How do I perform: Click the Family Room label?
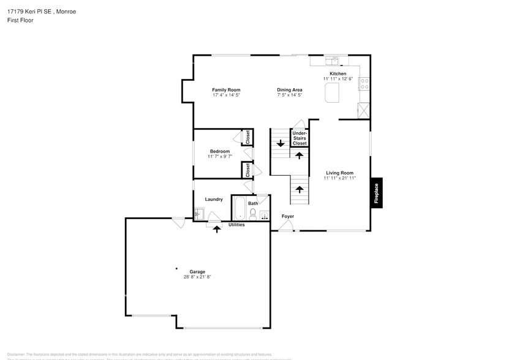pyautogui.click(x=225, y=89)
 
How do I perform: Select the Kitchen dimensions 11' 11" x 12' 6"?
pyautogui.click(x=338, y=79)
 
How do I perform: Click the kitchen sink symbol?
pyautogui.click(x=333, y=61)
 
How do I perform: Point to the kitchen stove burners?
pyautogui.click(x=364, y=83)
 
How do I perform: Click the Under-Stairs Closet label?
pyautogui.click(x=300, y=138)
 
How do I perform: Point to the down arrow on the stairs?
pyautogui.click(x=281, y=144)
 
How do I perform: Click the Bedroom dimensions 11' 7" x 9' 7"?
pyautogui.click(x=219, y=157)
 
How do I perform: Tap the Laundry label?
pyautogui.click(x=214, y=199)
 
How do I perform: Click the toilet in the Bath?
pyautogui.click(x=252, y=214)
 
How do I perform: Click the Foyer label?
pyautogui.click(x=287, y=216)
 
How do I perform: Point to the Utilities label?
pyautogui.click(x=236, y=225)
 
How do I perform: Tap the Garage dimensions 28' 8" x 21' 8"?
pyautogui.click(x=197, y=277)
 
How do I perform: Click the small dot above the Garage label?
pyautogui.click(x=176, y=268)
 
